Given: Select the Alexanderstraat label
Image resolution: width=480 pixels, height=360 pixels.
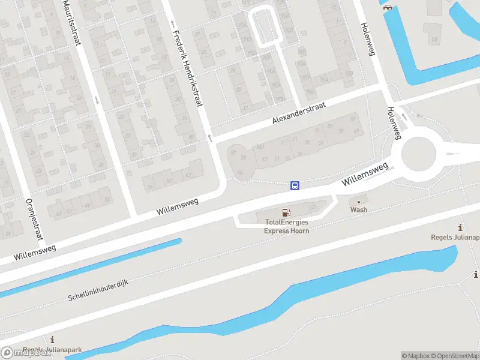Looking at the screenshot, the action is coord(299,113).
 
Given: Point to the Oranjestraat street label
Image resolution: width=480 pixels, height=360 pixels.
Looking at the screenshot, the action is coord(34,220).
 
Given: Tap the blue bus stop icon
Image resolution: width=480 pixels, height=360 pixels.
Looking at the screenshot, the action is coord(295,185).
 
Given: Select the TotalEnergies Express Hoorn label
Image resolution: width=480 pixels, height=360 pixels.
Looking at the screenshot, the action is coord(287,226).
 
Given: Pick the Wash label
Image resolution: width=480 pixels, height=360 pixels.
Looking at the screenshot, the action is coord(359,210).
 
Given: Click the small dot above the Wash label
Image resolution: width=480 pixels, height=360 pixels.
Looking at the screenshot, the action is coord(359,202).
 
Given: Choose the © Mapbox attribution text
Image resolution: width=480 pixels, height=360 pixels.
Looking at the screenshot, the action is coord(415,356).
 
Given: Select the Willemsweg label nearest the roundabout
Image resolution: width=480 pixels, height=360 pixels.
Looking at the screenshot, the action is coord(365,173).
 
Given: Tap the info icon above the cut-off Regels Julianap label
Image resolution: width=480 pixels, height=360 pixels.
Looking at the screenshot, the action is coord(460,227).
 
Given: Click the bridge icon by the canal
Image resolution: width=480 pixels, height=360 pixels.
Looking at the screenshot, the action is coord(388,7).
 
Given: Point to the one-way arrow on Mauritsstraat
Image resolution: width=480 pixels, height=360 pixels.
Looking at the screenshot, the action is coord(97,99).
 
